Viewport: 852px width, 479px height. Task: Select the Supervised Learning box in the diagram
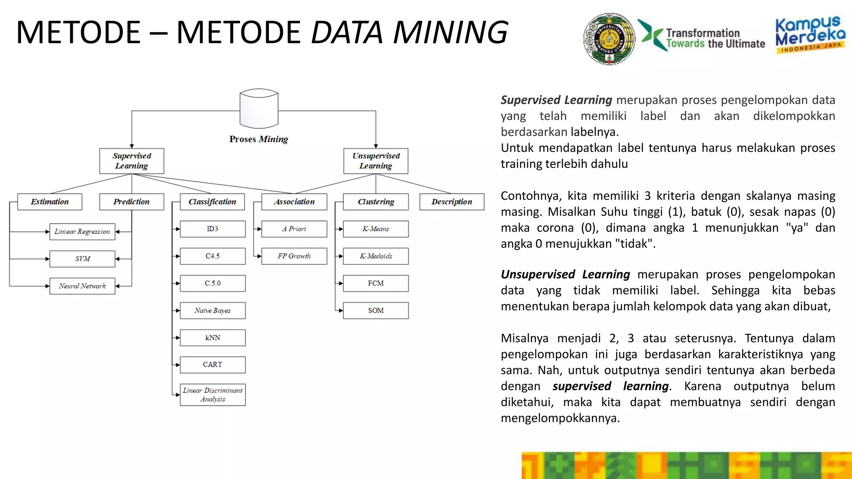(x=131, y=161)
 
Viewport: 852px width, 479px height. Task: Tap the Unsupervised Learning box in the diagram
(x=376, y=161)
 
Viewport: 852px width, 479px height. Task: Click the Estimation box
(x=50, y=202)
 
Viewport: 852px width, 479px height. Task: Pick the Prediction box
(x=131, y=202)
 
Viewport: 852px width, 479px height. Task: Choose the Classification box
(x=212, y=202)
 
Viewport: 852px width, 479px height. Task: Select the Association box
(x=294, y=202)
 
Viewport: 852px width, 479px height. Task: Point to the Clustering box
(x=376, y=202)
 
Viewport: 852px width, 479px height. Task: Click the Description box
(x=452, y=202)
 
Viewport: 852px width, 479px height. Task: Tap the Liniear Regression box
(x=82, y=232)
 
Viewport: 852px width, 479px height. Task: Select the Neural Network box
(x=82, y=286)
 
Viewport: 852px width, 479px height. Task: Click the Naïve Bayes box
(x=213, y=311)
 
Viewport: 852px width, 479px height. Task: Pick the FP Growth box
(x=294, y=256)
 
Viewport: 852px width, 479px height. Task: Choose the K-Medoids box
(x=376, y=256)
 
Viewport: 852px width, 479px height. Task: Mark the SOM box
(x=376, y=311)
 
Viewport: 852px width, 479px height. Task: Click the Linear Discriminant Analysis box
(x=213, y=395)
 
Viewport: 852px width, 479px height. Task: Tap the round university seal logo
(x=609, y=39)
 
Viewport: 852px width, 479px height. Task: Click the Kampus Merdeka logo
(x=810, y=35)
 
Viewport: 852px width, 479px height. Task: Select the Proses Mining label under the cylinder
(x=258, y=139)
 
